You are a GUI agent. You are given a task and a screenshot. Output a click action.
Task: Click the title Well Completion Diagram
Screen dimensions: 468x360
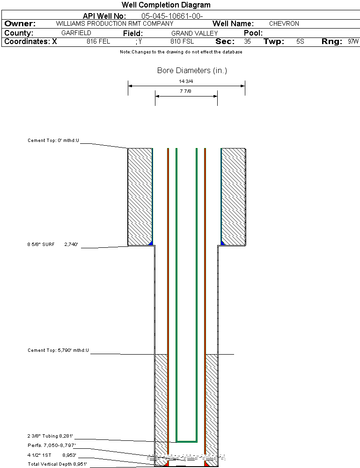[166, 5]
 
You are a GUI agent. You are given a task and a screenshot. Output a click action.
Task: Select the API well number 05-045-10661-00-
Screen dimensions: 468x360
[172, 16]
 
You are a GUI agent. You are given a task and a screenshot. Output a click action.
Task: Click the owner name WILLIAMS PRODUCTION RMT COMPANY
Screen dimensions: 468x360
[114, 23]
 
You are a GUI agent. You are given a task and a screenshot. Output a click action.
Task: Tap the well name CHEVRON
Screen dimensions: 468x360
[284, 23]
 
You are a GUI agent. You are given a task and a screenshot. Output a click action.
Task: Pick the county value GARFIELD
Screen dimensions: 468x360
[76, 33]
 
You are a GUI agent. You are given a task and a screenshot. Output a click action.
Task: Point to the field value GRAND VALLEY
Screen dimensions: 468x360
[194, 33]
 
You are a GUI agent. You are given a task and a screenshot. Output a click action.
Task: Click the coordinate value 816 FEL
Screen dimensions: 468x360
[98, 42]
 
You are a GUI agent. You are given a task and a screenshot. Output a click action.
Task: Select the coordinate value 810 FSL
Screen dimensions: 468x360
[182, 42]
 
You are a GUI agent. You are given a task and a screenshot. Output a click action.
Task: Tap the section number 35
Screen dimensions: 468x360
[247, 42]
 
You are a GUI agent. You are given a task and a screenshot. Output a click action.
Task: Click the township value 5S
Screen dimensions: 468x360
[300, 42]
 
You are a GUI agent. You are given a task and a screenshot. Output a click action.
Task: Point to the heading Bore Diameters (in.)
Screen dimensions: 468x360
[192, 71]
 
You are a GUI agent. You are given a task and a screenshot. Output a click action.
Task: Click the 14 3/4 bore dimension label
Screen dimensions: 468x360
[186, 81]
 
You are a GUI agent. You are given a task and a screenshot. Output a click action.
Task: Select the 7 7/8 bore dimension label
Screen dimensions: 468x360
[186, 91]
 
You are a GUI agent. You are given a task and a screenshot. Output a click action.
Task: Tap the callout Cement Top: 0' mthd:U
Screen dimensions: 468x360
[53, 140]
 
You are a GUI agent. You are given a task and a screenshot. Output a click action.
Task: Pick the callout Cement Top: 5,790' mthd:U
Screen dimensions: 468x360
[58, 350]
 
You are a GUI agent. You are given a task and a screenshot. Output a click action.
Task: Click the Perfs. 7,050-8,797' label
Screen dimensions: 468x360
[51, 445]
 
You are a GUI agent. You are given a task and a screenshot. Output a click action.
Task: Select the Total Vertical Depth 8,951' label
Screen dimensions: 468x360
[57, 464]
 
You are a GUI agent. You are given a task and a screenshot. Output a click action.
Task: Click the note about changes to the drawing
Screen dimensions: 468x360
[181, 52]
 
